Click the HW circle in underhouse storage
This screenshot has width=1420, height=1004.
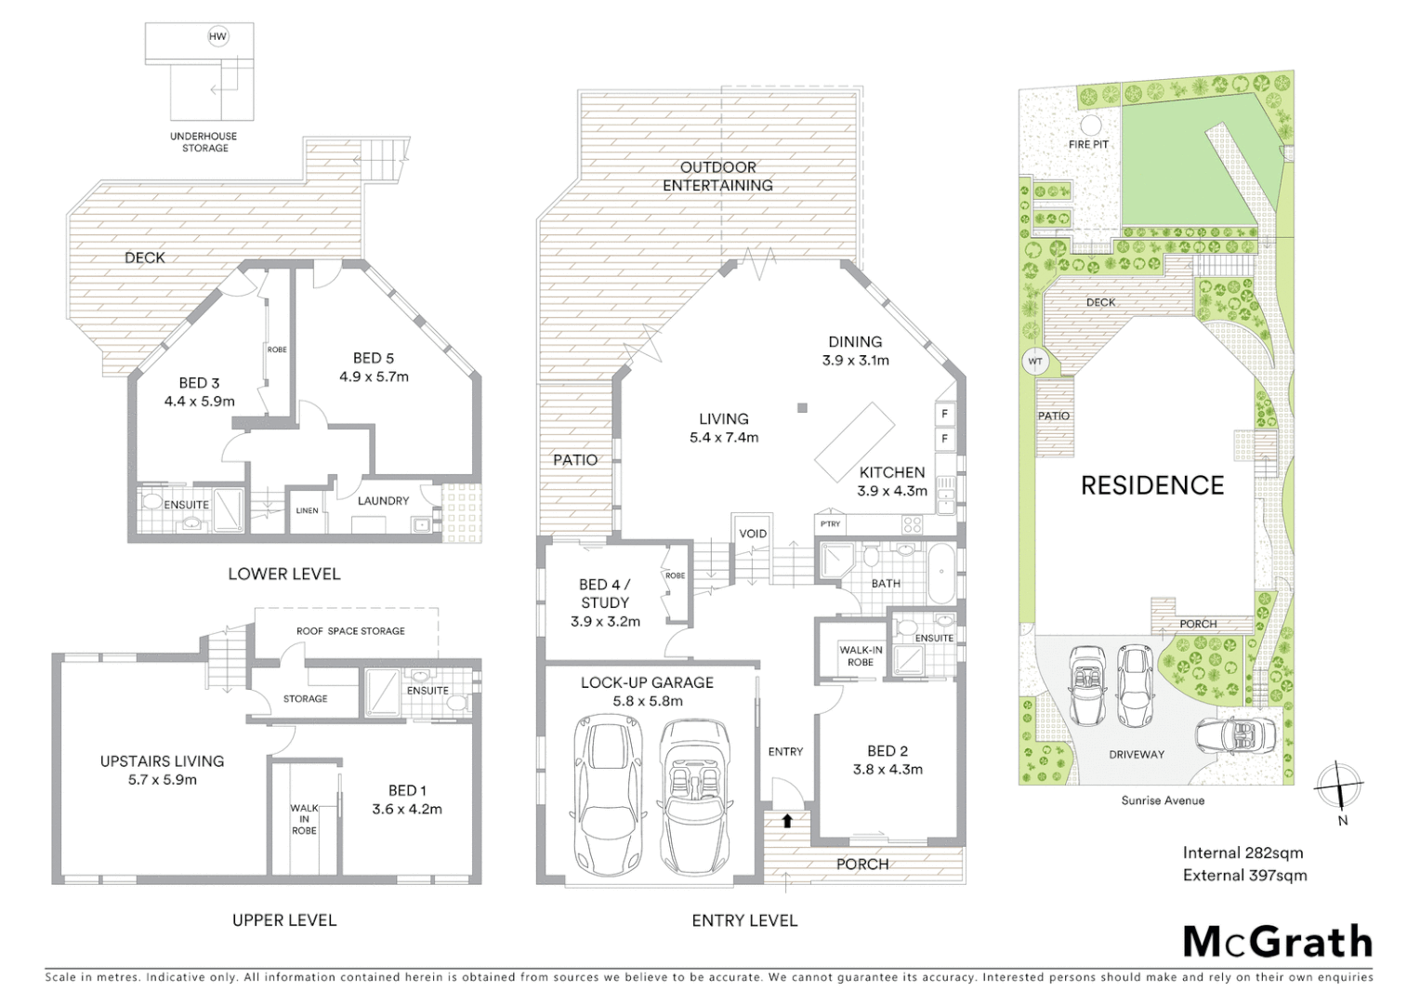tap(217, 37)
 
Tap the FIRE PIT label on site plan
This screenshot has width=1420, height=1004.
tap(1087, 145)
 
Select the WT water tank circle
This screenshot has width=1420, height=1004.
tap(1034, 362)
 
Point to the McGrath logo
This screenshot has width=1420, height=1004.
tap(1277, 941)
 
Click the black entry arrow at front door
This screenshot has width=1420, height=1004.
tap(787, 821)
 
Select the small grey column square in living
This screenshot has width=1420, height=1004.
tap(802, 407)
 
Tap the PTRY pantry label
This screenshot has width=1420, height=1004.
tap(830, 524)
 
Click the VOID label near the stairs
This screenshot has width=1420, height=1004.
tap(753, 534)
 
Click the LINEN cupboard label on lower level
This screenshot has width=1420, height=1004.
tap(307, 510)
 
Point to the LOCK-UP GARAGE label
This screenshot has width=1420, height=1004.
tap(647, 682)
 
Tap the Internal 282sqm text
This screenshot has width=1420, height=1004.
tap(1242, 852)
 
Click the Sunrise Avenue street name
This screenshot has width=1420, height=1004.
tap(1162, 800)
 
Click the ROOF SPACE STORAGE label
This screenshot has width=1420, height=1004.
tap(350, 631)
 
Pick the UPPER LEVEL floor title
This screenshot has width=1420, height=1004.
tap(284, 920)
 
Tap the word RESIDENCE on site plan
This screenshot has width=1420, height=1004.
tap(1152, 485)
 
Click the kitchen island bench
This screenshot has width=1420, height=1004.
tap(855, 439)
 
